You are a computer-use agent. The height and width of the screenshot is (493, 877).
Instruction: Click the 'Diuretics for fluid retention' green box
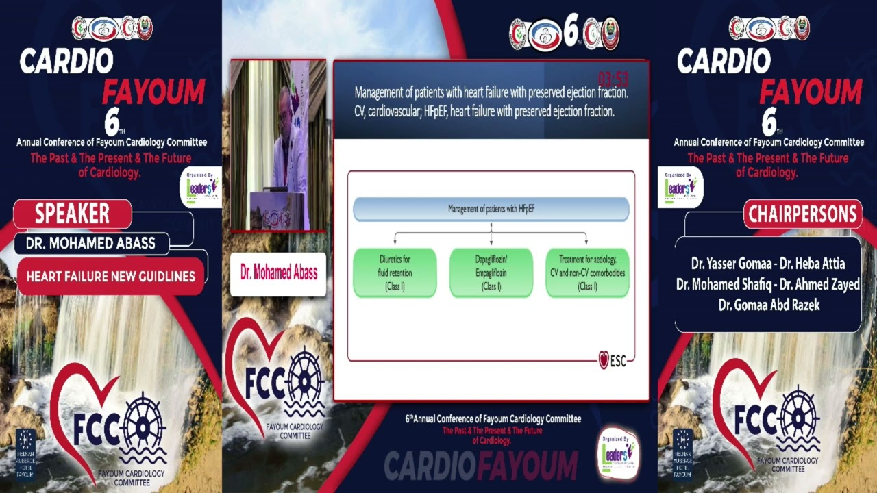(395, 273)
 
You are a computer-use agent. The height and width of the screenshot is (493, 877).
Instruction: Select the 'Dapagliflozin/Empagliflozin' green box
(491, 273)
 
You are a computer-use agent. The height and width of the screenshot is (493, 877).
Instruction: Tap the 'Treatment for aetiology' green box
(587, 273)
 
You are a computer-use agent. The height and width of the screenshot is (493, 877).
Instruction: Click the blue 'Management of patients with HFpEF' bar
(491, 209)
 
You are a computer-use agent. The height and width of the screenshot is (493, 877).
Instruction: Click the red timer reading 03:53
(613, 78)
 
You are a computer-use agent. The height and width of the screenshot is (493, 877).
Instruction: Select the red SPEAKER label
(72, 214)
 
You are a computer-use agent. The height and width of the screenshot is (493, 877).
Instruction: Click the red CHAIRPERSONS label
(802, 214)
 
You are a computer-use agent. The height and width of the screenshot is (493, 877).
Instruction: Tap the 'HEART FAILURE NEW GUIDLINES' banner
(110, 277)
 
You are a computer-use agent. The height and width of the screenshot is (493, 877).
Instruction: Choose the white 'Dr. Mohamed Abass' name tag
(278, 273)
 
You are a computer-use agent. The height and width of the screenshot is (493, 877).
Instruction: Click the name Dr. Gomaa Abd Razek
(769, 305)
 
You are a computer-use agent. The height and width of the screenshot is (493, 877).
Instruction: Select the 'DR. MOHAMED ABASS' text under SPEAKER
(90, 243)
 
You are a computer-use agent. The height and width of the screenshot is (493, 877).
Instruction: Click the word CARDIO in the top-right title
(724, 62)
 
